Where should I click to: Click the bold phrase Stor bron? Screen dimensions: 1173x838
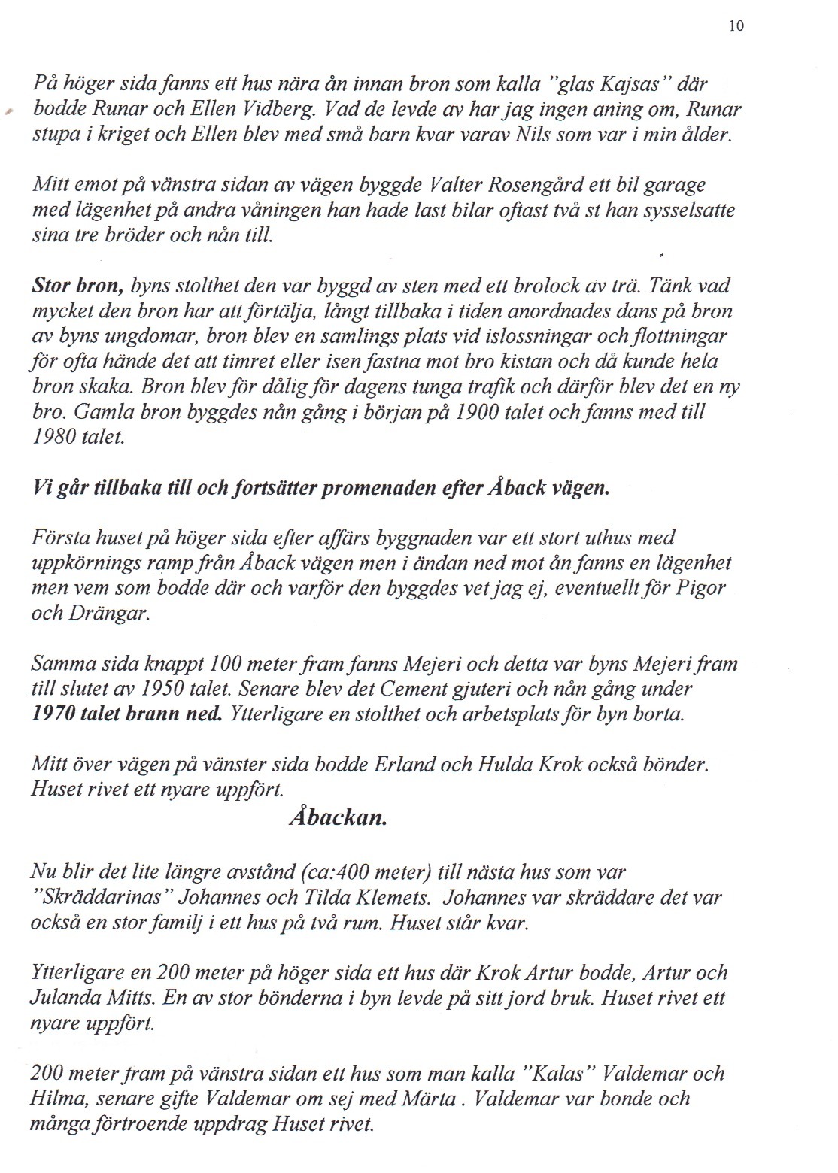(78, 286)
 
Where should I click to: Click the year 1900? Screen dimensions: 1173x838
(478, 411)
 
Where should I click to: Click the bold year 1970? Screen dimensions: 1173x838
(57, 714)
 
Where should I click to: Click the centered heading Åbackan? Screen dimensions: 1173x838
(338, 818)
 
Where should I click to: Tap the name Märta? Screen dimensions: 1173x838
(433, 1099)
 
